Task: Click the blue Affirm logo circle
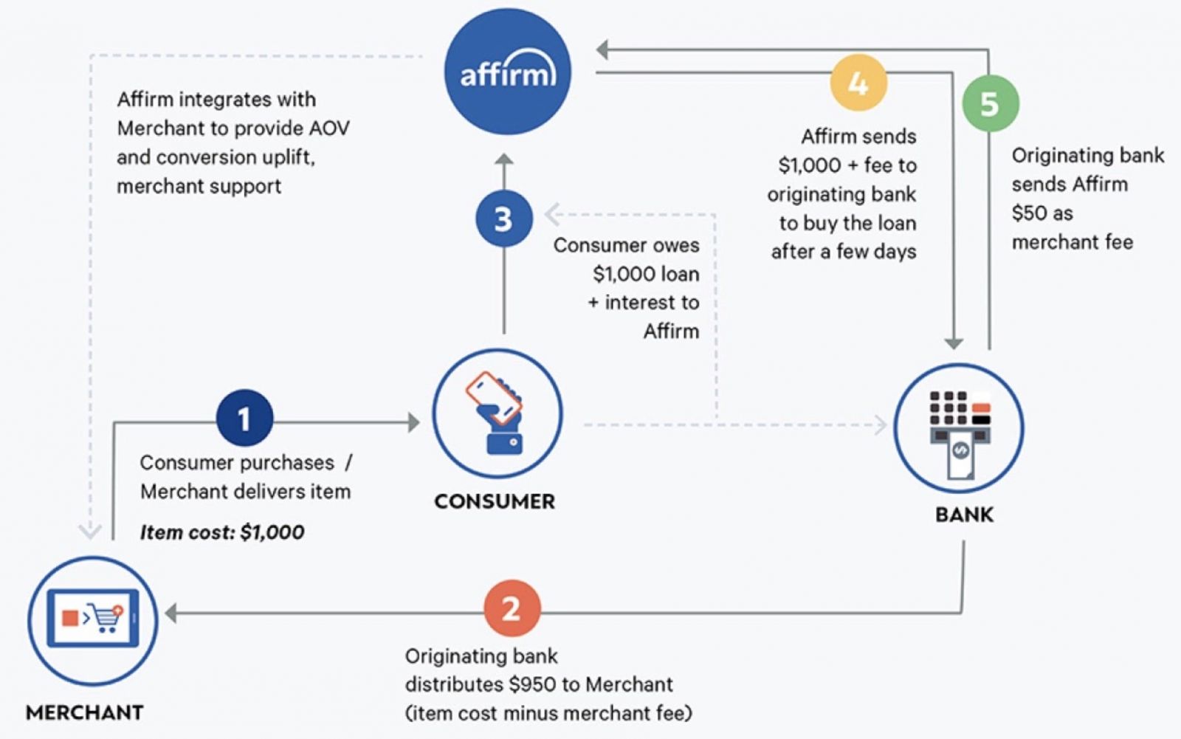pos(507,72)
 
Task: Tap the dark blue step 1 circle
pos(244,419)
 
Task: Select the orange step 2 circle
pos(512,609)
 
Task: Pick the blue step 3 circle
pos(503,219)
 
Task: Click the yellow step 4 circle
pos(858,83)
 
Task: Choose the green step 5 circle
pos(990,103)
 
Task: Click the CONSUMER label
pos(495,501)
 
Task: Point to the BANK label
pos(964,515)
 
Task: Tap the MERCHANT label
pos(84,712)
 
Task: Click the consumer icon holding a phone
pos(497,413)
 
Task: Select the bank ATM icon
pos(959,428)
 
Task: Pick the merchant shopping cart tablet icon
pos(92,619)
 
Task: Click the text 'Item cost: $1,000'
pos(221,532)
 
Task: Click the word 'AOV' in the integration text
pos(328,128)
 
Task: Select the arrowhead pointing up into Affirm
pos(503,159)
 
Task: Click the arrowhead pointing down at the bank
pos(954,343)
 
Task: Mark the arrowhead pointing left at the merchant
pos(171,613)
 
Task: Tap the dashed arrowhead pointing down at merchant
pos(90,532)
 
